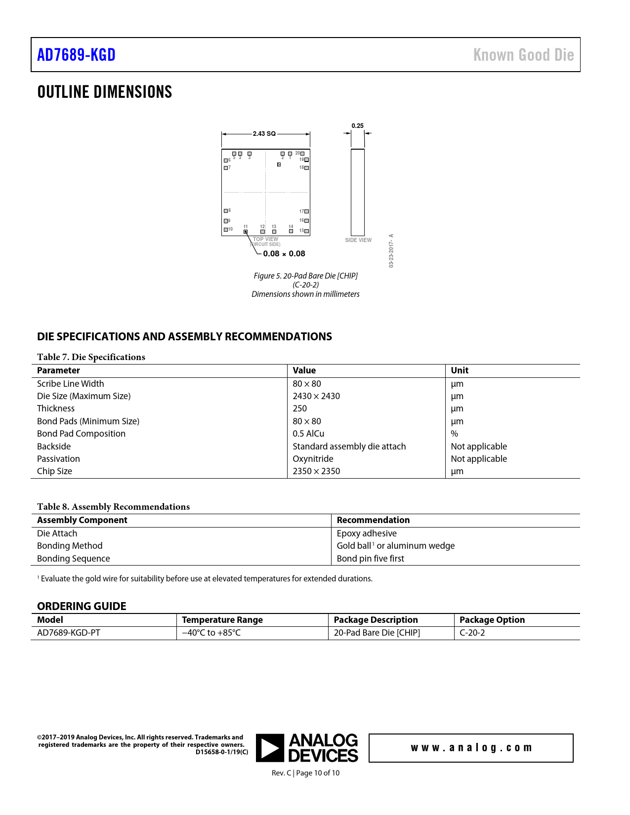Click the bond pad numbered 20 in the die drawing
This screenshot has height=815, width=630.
(302, 154)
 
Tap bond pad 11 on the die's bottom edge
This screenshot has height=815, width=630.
(246, 231)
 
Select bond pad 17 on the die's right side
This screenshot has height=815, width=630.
(306, 211)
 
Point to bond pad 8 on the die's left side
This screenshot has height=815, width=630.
(226, 211)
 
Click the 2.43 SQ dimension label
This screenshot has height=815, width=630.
(264, 134)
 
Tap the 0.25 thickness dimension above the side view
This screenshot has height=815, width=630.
(357, 126)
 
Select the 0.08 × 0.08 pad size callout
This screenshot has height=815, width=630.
(284, 254)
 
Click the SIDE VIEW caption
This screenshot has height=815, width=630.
(358, 240)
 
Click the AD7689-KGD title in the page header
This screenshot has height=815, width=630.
(77, 55)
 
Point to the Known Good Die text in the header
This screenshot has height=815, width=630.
(523, 55)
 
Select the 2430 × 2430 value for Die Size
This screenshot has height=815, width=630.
(316, 396)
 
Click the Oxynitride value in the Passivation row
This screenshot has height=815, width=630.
(313, 459)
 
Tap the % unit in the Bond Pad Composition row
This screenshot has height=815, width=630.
(455, 434)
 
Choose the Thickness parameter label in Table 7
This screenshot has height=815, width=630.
(56, 408)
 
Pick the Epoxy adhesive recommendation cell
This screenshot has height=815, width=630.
(367, 533)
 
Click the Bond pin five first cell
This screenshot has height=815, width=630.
(370, 559)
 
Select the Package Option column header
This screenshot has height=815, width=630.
(492, 620)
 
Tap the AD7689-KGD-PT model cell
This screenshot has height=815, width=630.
(69, 633)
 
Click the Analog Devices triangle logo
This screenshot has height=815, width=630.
(270, 748)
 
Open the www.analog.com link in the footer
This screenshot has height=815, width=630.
(471, 748)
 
